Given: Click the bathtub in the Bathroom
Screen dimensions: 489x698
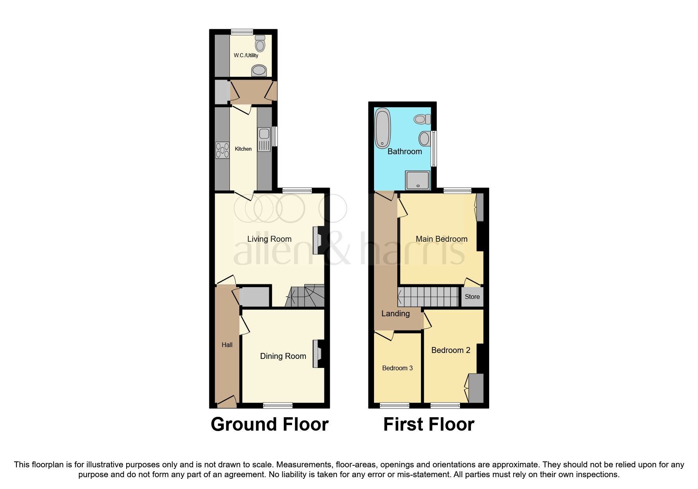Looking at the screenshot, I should click(383, 129).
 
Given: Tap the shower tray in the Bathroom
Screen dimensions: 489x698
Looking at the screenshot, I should click(418, 180).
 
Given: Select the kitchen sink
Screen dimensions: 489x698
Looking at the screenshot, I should click(264, 139).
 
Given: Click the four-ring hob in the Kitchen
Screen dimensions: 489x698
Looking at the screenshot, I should click(223, 150).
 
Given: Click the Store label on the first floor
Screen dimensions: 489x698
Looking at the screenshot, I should click(472, 297).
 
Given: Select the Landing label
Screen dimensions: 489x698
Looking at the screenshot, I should click(395, 314).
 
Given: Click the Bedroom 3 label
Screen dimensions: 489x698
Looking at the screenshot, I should click(397, 368).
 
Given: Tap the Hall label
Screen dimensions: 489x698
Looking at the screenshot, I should click(227, 345).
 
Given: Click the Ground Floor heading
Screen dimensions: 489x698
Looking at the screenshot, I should click(270, 424).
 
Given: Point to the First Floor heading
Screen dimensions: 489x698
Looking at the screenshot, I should click(429, 424).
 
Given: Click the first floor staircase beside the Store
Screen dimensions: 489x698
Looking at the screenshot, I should click(429, 297).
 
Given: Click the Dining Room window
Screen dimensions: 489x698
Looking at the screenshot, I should click(278, 405).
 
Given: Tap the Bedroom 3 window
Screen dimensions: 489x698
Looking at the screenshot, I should click(394, 405).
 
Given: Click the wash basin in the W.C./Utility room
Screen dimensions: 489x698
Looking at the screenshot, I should click(259, 71).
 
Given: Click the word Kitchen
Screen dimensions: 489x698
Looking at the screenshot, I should click(243, 149).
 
